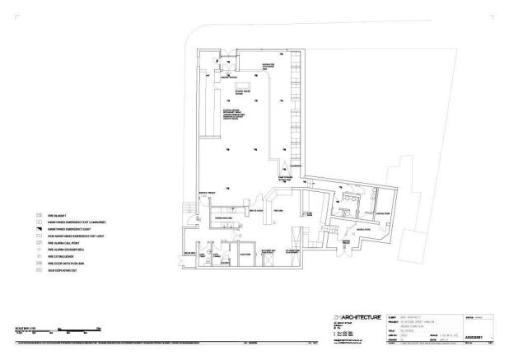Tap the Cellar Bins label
point(189,254)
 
